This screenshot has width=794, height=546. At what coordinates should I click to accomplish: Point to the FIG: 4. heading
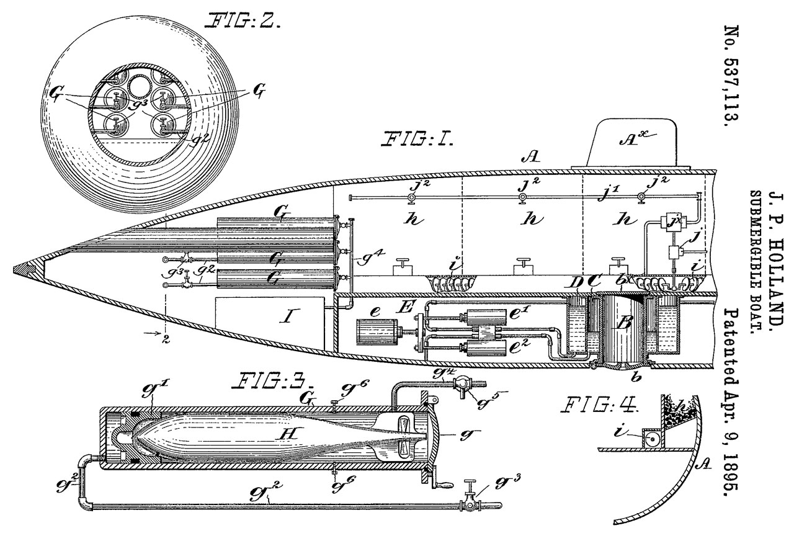[600, 405]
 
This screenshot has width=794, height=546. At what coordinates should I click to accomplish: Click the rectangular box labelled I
[270, 323]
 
